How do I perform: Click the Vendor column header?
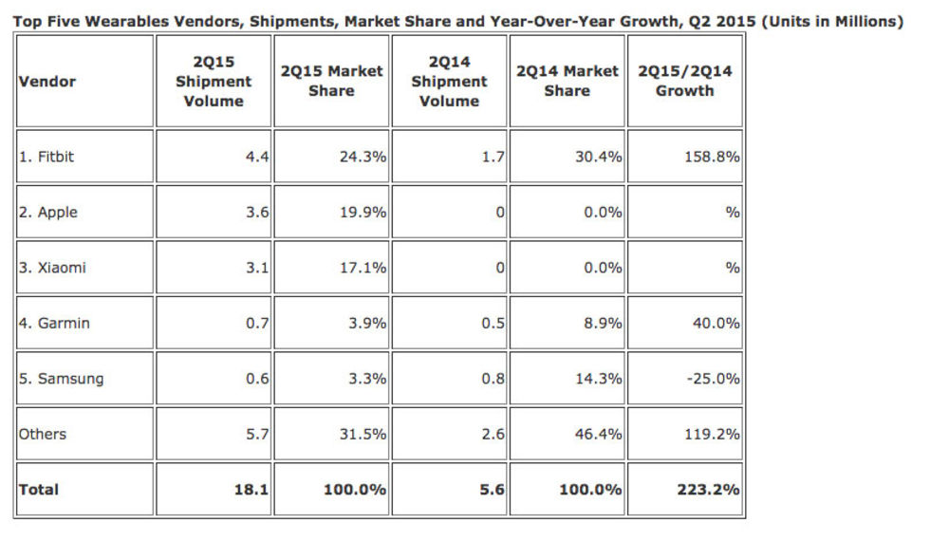[x=47, y=82]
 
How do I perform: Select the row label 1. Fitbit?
[x=46, y=157]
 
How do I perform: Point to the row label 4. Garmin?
[x=51, y=323]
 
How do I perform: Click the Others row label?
[x=43, y=434]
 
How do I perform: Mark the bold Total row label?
[x=39, y=490]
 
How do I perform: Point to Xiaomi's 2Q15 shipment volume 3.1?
[x=257, y=268]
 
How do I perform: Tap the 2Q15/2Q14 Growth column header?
[x=684, y=82]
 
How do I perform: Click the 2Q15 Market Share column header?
[x=331, y=82]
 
